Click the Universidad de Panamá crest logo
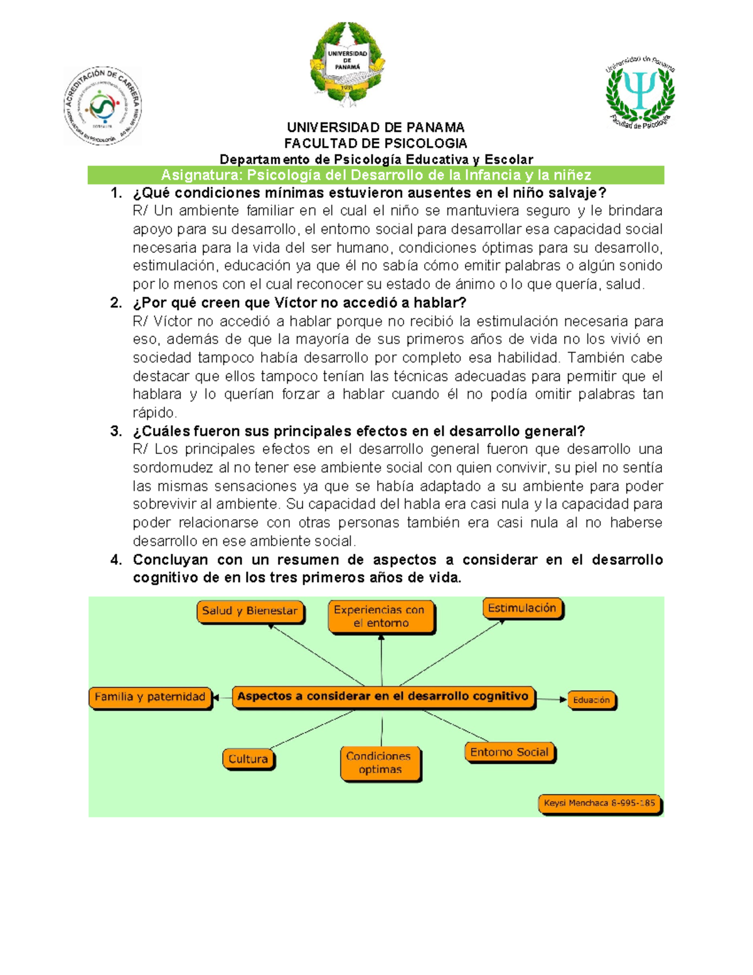346,65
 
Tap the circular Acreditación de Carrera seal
102,106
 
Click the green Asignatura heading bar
376,175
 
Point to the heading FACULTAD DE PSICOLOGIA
375,143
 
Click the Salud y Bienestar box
250,611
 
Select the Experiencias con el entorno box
380,617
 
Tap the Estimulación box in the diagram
522,608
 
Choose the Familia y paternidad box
150,698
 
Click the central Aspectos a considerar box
383,697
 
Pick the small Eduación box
591,700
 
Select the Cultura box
248,759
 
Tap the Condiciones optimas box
380,763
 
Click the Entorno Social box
509,752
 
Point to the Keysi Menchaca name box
599,804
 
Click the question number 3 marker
116,431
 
